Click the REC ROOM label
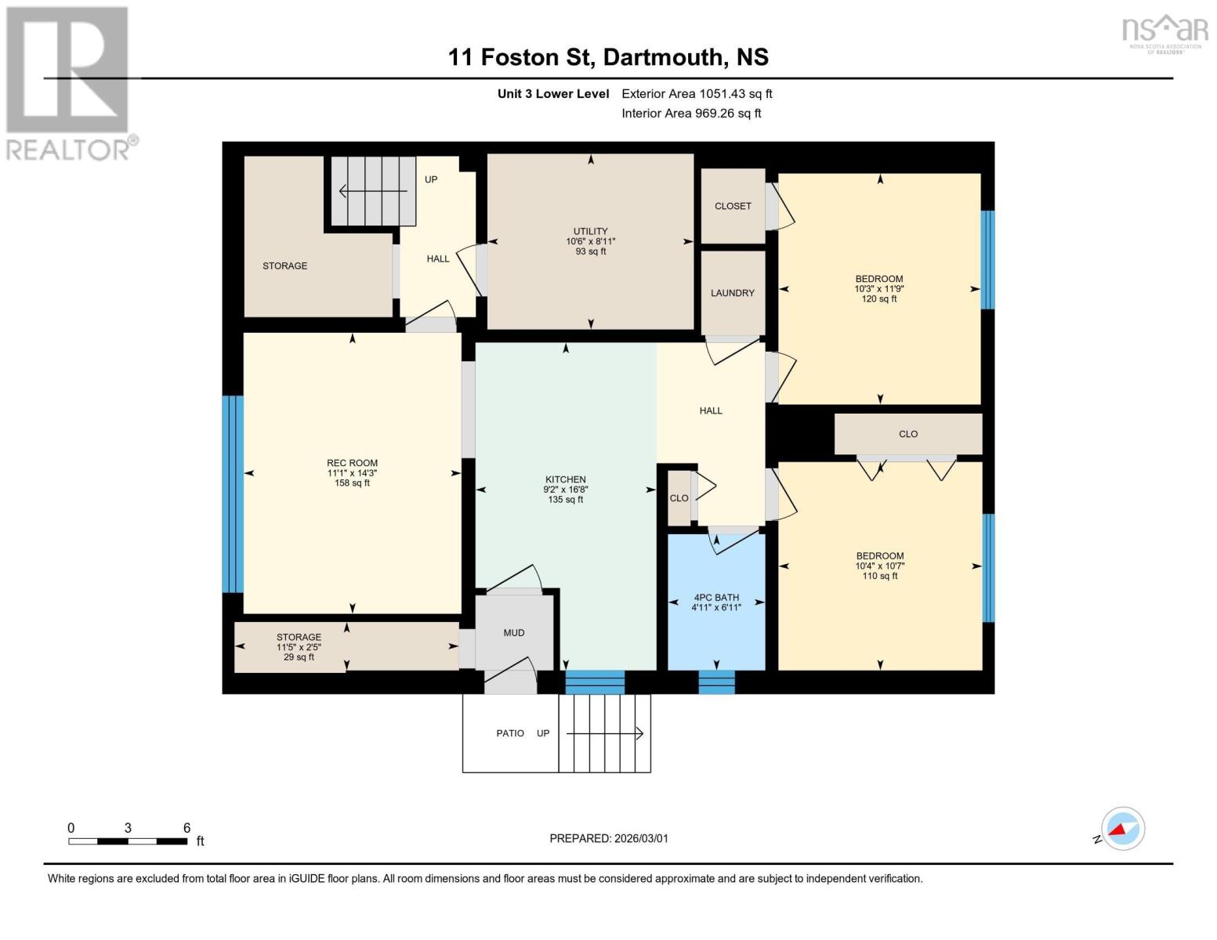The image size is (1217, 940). pos(352,463)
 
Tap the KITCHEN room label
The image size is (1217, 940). pos(565,479)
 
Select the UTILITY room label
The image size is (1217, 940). pos(590,231)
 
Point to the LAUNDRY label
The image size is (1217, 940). pos(732,293)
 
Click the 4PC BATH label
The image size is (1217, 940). pos(715,598)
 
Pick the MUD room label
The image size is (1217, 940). pos(513,633)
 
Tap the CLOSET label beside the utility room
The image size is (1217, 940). pos(733,206)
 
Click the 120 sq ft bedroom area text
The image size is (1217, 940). pos(878,298)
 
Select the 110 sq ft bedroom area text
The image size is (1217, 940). pos(879,576)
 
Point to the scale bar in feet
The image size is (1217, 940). pos(128,841)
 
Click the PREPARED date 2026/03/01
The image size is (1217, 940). pos(608,838)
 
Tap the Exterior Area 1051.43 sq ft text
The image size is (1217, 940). pos(697,94)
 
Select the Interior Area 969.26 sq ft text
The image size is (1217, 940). pos(691,114)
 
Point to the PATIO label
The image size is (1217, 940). pos(510,733)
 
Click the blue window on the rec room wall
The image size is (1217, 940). pos(233,493)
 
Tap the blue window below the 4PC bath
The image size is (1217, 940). pos(716,682)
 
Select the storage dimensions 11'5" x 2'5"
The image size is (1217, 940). pos(298,647)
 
